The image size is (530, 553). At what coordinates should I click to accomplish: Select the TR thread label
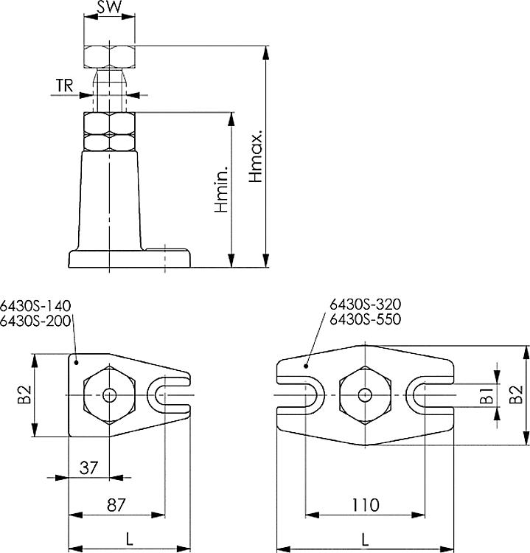(x=64, y=86)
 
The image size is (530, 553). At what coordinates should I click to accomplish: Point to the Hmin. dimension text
(x=222, y=189)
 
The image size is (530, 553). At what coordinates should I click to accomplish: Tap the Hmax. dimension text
(x=255, y=157)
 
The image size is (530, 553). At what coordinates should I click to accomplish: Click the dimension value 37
(x=88, y=467)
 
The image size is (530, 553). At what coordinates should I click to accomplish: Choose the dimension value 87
(x=116, y=505)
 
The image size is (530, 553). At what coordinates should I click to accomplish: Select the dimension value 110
(x=365, y=505)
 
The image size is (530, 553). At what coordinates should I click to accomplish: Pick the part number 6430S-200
(x=35, y=320)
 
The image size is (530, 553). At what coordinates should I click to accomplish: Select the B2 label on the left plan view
(x=24, y=394)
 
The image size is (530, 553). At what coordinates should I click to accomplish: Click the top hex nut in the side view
(x=109, y=56)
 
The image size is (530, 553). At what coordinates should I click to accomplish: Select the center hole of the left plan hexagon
(x=109, y=395)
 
